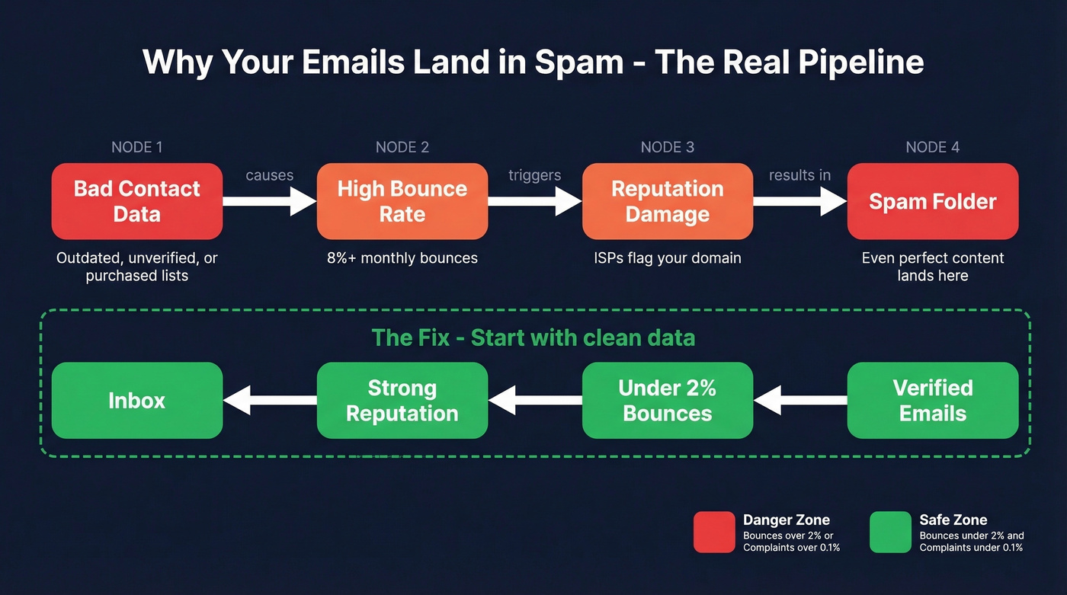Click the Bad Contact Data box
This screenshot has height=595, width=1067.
click(x=137, y=201)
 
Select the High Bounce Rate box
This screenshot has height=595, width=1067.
click(x=402, y=201)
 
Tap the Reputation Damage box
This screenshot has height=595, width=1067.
click(x=668, y=201)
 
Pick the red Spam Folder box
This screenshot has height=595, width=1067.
click(x=933, y=201)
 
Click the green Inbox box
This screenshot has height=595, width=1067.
click(x=137, y=401)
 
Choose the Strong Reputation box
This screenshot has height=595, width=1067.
click(x=402, y=401)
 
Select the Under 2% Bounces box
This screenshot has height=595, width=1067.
click(x=668, y=401)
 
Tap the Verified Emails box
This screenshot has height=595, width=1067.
click(x=933, y=401)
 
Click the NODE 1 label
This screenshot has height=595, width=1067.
click(x=137, y=147)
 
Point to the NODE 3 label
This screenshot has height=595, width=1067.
click(x=668, y=147)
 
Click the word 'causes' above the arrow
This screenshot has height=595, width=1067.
click(x=269, y=175)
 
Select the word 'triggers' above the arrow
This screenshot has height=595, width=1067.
click(x=535, y=175)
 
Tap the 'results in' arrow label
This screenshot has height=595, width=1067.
click(x=799, y=175)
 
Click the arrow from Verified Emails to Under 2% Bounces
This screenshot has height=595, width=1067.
click(x=800, y=401)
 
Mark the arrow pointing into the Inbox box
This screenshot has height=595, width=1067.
click(x=270, y=401)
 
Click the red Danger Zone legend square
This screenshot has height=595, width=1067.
click(x=714, y=532)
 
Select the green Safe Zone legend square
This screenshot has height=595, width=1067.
click(x=890, y=532)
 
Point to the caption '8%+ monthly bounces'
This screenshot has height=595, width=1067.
click(x=402, y=258)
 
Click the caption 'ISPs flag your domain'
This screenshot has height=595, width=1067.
click(x=668, y=258)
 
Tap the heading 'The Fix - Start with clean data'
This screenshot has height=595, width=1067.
click(x=533, y=337)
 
